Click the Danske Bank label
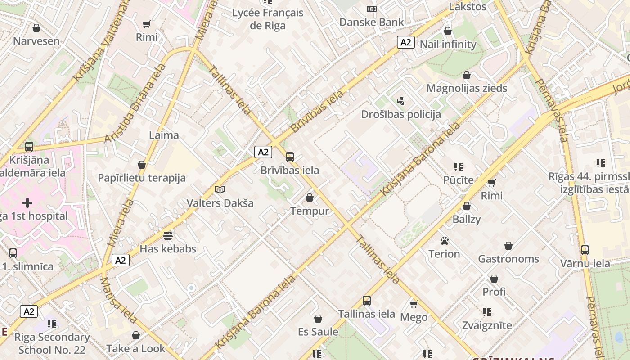point(371,22)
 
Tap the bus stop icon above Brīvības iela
point(290,157)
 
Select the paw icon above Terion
point(445,241)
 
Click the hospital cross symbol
point(27,203)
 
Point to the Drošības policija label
point(401,114)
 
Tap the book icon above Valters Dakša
point(220,190)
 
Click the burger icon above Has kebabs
point(168,235)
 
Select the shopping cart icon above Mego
point(414,304)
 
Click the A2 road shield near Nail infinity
point(405,42)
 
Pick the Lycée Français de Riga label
point(268,19)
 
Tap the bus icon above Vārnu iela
point(585,250)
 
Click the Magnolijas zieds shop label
point(467,88)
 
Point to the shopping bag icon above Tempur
point(310,198)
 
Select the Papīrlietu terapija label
point(142,178)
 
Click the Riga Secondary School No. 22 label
point(52,343)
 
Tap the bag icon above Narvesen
point(36,28)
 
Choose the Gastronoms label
point(508,259)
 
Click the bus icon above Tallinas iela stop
point(367,301)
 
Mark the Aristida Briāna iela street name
point(135,103)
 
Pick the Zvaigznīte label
point(487,325)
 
